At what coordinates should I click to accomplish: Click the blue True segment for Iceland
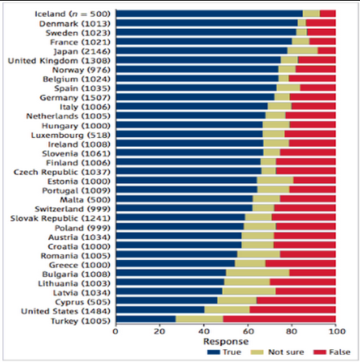[x=209, y=14]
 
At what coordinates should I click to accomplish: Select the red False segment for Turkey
[x=280, y=319]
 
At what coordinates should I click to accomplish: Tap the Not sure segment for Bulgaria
[x=257, y=273]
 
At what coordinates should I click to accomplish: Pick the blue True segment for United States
[x=160, y=310]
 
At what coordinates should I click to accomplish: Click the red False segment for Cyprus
[x=296, y=301]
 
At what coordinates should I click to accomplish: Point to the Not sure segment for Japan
[x=302, y=51]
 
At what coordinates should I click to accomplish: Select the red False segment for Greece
[x=301, y=263]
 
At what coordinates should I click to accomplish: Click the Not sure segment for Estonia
[x=275, y=181]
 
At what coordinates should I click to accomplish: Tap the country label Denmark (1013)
[x=75, y=24]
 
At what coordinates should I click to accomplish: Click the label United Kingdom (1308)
[x=59, y=61]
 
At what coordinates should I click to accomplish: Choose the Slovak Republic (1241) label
[x=60, y=218]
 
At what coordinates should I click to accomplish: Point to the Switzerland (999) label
[x=72, y=209]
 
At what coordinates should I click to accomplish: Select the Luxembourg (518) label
[x=71, y=135]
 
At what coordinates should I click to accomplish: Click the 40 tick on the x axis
[x=204, y=331]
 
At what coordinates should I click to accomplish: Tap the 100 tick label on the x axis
[x=337, y=331]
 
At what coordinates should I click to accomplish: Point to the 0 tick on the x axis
[x=115, y=331]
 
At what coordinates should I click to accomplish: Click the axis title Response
[x=226, y=342]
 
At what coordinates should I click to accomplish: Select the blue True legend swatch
[x=213, y=352]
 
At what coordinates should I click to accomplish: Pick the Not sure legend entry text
[x=286, y=352]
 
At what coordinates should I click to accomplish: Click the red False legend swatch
[x=320, y=352]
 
